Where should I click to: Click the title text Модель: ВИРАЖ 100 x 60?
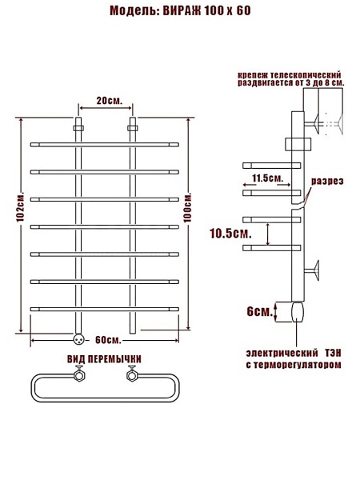click(x=180, y=10)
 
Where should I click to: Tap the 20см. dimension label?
click(x=110, y=101)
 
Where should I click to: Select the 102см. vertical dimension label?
click(x=21, y=207)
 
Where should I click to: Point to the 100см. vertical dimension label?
click(x=188, y=207)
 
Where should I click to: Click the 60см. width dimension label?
click(x=108, y=340)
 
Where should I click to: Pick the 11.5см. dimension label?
click(x=268, y=178)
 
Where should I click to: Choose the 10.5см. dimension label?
click(x=230, y=234)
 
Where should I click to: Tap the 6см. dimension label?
click(x=259, y=312)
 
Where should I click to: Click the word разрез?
click(x=327, y=182)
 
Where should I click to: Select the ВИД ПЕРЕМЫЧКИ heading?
click(x=104, y=359)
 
